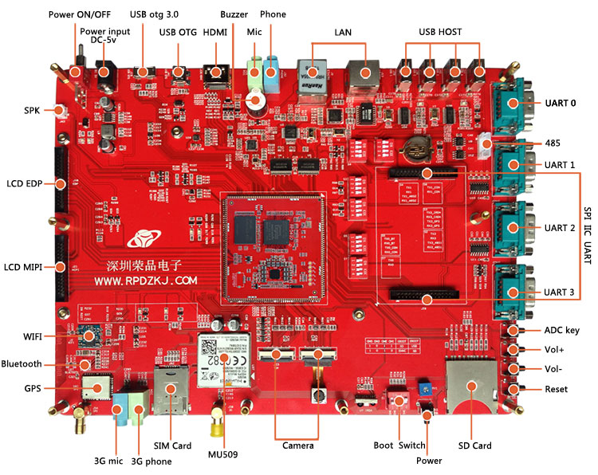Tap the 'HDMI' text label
215,32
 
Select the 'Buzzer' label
234,15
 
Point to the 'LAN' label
343,32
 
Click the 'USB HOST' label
440,32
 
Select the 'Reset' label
556,389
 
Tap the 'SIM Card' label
171,446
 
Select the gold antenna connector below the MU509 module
215,426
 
